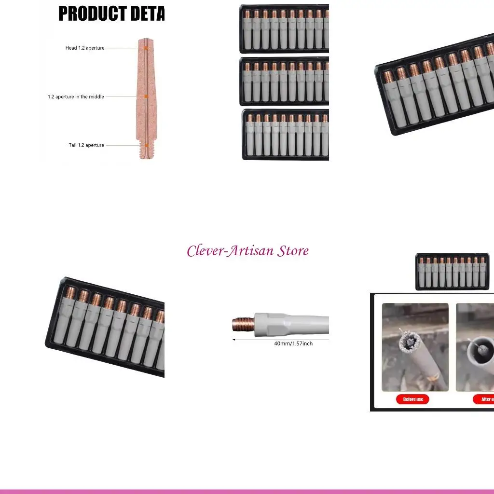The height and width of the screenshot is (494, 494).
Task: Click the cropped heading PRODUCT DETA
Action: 111,14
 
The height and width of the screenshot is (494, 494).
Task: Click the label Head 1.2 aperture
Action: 85,48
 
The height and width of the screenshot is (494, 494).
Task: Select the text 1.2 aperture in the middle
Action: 76,96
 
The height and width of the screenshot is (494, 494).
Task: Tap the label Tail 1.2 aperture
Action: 86,145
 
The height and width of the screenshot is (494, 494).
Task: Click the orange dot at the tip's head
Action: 146,48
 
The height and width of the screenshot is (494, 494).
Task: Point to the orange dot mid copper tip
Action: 146,96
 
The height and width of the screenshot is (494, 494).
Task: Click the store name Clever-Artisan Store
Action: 247,251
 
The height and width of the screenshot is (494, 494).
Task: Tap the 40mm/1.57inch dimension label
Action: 293,343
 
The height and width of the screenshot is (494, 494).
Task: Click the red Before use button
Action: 413,399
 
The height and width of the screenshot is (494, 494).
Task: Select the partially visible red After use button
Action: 483,399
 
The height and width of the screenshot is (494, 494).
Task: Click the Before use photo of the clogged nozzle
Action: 415,347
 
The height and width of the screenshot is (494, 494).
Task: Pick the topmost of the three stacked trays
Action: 284,29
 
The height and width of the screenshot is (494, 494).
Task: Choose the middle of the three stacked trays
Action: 284,81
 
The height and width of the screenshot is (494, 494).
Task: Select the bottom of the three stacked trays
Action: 285,135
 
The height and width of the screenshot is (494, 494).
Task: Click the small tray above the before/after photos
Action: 452,272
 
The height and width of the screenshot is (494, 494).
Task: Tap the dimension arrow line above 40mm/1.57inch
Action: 280,339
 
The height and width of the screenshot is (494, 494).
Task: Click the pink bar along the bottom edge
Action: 247,491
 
